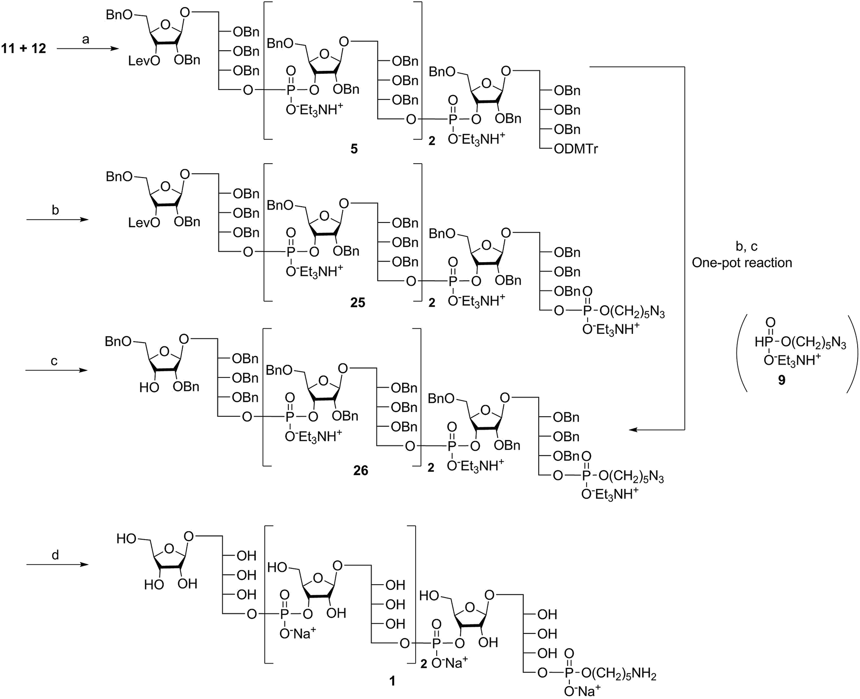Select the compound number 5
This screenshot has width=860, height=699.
click(354, 149)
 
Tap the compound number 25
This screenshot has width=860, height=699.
click(357, 303)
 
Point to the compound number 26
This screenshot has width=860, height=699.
click(361, 471)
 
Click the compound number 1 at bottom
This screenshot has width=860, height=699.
click(392, 680)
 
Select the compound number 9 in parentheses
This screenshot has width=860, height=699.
click(781, 380)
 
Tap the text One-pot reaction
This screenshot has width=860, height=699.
click(742, 263)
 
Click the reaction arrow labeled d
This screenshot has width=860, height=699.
click(57, 565)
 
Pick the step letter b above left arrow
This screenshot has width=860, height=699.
click(56, 210)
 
